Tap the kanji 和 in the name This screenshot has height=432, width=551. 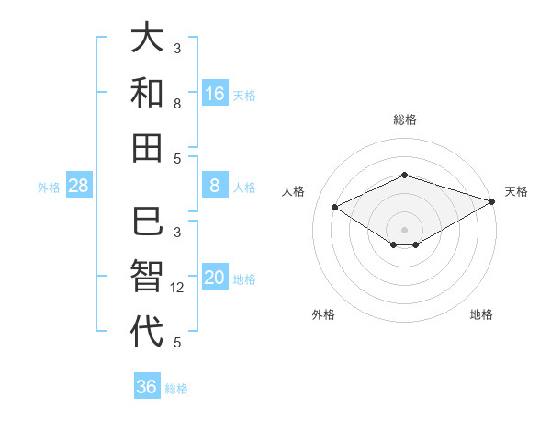tap(147, 92)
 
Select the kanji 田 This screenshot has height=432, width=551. tap(147, 147)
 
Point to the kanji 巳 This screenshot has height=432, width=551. tap(147, 222)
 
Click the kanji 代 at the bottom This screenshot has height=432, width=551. tap(147, 331)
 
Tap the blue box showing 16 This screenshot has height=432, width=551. tap(215, 94)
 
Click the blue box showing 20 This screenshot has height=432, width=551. tap(215, 279)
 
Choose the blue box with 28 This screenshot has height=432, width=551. tap(79, 187)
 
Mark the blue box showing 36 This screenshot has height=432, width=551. tap(147, 387)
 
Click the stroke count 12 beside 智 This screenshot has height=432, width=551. tap(177, 288)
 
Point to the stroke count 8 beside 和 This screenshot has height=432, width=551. tap(177, 104)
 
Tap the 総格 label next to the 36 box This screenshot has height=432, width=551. tap(176, 389)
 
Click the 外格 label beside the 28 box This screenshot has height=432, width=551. tap(49, 188)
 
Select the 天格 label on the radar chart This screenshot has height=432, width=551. tap(516, 191)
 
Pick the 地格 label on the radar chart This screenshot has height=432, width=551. tap(481, 315)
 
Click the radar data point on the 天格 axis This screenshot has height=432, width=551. tap(493, 200)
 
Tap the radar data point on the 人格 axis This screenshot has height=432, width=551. tap(335, 207)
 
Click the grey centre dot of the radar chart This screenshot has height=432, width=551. tap(404, 229)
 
